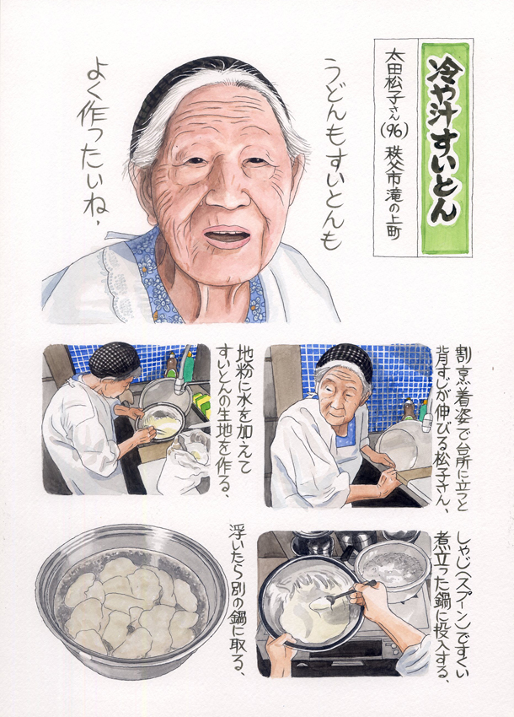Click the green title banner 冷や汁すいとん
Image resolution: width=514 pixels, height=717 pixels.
coord(445,148)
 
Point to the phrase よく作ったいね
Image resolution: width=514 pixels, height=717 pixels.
coord(94,143)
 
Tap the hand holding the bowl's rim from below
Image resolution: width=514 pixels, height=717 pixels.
coord(281,655)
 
